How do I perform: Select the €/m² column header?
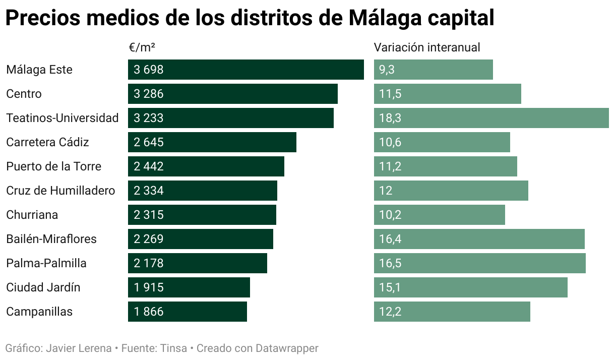(142, 47)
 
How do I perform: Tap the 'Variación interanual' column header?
(426, 47)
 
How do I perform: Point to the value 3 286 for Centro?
(149, 94)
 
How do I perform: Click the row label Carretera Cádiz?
(47, 142)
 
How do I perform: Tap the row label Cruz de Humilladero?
(60, 191)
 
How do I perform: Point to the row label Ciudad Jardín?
(43, 287)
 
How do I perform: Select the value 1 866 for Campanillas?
(149, 312)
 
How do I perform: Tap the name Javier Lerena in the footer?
(79, 348)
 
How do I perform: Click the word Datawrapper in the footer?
(287, 348)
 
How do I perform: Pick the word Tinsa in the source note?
(173, 348)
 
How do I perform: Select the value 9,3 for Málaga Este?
(387, 70)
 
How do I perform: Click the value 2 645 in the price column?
(149, 142)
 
